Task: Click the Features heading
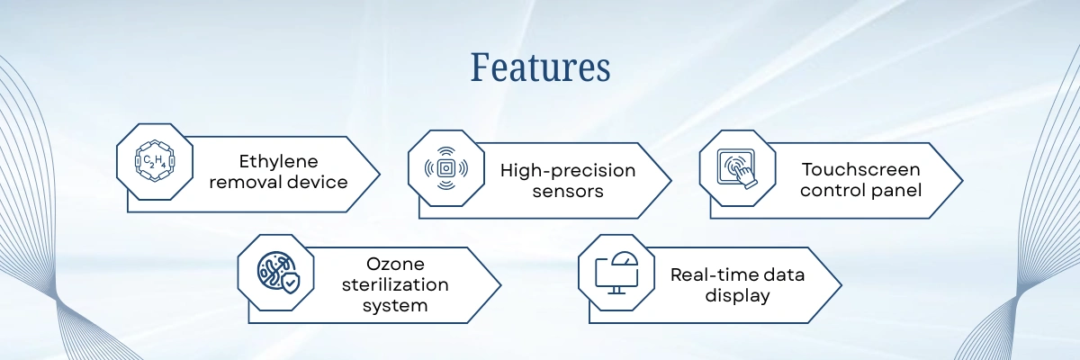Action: tap(540, 67)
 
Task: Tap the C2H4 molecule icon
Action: tap(155, 161)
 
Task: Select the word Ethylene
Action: tap(278, 161)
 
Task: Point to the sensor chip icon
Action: tap(446, 168)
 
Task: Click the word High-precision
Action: tap(568, 171)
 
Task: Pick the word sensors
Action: tap(568, 192)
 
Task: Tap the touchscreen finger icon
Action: tap(737, 168)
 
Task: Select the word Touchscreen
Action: tap(860, 169)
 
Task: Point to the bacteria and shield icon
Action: tap(278, 273)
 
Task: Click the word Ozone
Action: tap(395, 264)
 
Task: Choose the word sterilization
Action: tap(395, 284)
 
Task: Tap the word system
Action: tap(395, 305)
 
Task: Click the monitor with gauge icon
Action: tap(616, 273)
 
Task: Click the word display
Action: tap(737, 295)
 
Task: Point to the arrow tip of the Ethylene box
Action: tap(380, 174)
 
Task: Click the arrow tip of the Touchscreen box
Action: tap(962, 181)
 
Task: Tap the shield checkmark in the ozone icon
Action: tap(290, 283)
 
